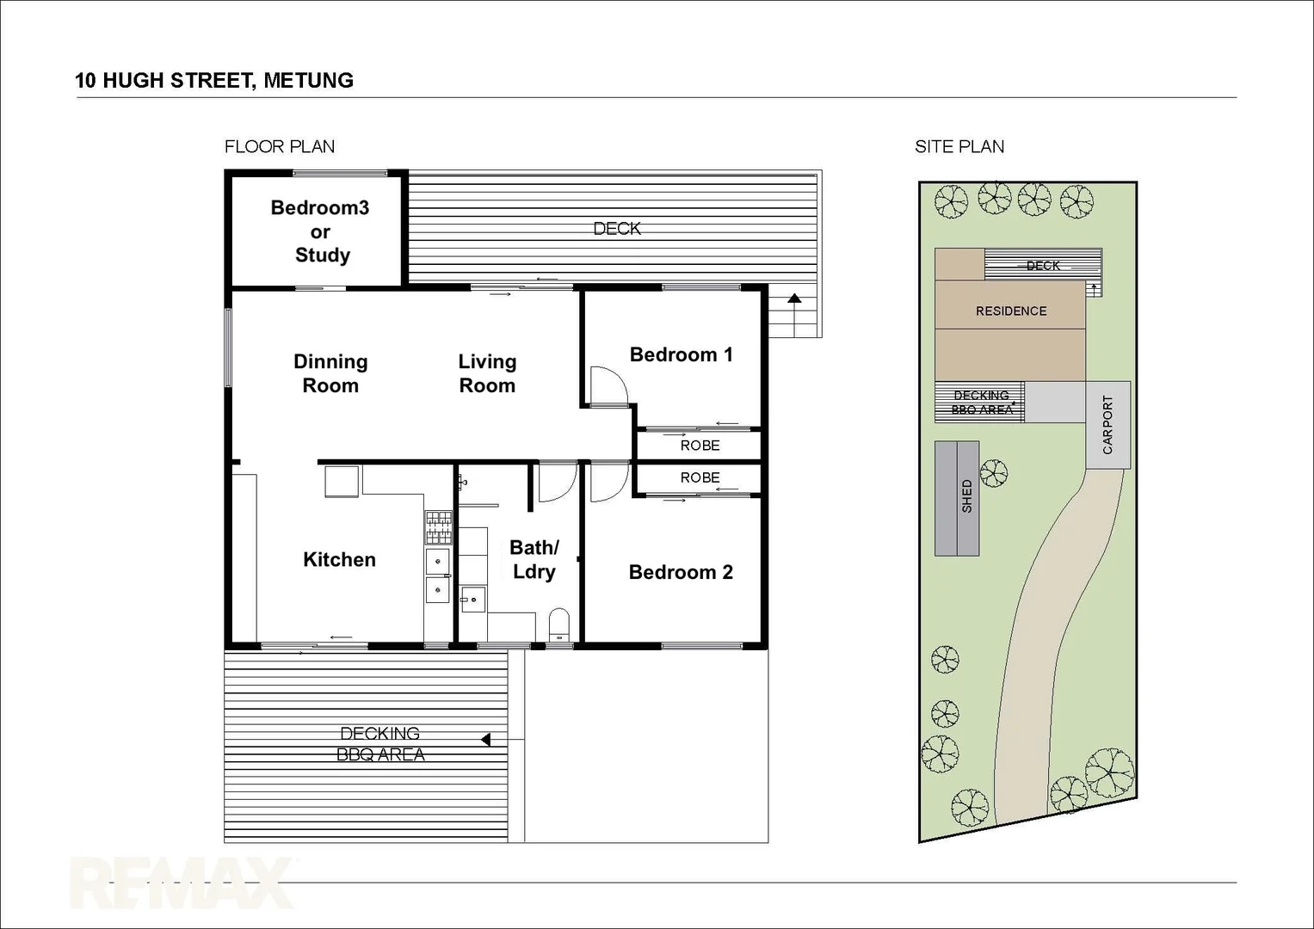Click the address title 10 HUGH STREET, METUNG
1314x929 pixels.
pyautogui.click(x=214, y=81)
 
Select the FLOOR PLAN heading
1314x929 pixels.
pyautogui.click(x=280, y=147)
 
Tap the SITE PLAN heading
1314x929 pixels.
pyautogui.click(x=959, y=147)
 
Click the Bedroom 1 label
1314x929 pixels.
pyautogui.click(x=681, y=355)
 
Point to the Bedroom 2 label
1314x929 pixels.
pyautogui.click(x=681, y=573)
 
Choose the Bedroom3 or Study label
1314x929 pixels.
pyautogui.click(x=320, y=231)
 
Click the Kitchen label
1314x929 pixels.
pyautogui.click(x=339, y=560)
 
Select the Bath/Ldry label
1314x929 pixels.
pyautogui.click(x=534, y=560)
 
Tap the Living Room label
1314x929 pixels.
pyautogui.click(x=487, y=374)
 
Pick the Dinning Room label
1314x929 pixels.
pyautogui.click(x=330, y=374)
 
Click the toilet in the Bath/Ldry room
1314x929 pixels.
pyautogui.click(x=559, y=624)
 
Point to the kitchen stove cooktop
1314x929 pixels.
pyautogui.click(x=438, y=527)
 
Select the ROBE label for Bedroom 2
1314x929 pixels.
pyautogui.click(x=700, y=478)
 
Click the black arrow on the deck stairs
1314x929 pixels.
pyautogui.click(x=794, y=299)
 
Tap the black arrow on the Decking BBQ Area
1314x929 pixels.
pyautogui.click(x=485, y=740)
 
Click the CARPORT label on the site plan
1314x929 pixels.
pyautogui.click(x=1107, y=425)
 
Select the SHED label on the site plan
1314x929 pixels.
pyautogui.click(x=966, y=497)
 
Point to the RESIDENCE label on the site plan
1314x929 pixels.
pyautogui.click(x=1011, y=311)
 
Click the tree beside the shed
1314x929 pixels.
pyautogui.click(x=994, y=472)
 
